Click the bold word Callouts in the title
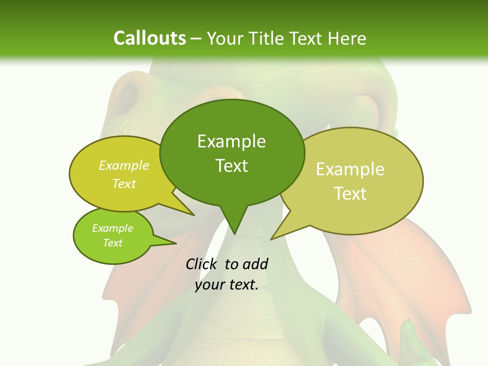149,38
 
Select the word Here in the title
347,38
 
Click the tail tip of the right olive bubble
271,239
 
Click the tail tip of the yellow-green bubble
194,215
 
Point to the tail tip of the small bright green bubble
176,243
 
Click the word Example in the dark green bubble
231,141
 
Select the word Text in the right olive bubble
351,194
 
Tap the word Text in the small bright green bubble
113,243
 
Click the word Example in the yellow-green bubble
124,165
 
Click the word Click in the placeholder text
202,264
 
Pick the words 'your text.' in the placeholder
227,285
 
